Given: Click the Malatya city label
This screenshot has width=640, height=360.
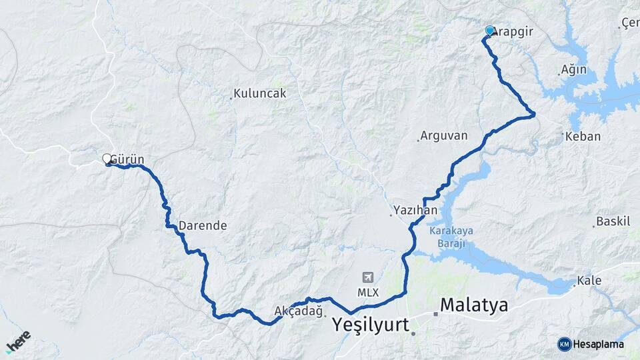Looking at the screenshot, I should [474, 305].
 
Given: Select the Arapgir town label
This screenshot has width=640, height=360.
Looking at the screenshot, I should [515, 31].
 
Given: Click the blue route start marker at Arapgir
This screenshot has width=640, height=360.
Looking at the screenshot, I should [490, 31].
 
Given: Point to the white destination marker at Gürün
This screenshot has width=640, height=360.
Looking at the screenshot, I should [107, 159].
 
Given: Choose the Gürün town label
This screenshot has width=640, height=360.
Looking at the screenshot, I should [128, 159].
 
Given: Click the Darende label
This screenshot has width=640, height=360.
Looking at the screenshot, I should [203, 225].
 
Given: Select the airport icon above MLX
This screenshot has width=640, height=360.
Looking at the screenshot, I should [367, 277].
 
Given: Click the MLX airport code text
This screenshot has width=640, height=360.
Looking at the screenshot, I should [367, 293].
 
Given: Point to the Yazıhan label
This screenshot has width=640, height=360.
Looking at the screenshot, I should [415, 210].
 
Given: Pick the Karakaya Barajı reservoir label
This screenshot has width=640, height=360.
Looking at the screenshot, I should [451, 237].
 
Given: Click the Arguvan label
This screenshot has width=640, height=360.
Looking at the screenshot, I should [445, 136].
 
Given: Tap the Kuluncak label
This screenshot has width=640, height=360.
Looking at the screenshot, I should [260, 93].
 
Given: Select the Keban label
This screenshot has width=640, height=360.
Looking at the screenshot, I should [583, 136].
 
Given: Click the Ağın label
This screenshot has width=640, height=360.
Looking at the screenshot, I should [574, 69].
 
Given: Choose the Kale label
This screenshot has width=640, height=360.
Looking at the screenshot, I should [589, 280].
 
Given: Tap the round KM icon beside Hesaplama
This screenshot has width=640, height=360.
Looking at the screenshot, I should [565, 344].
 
